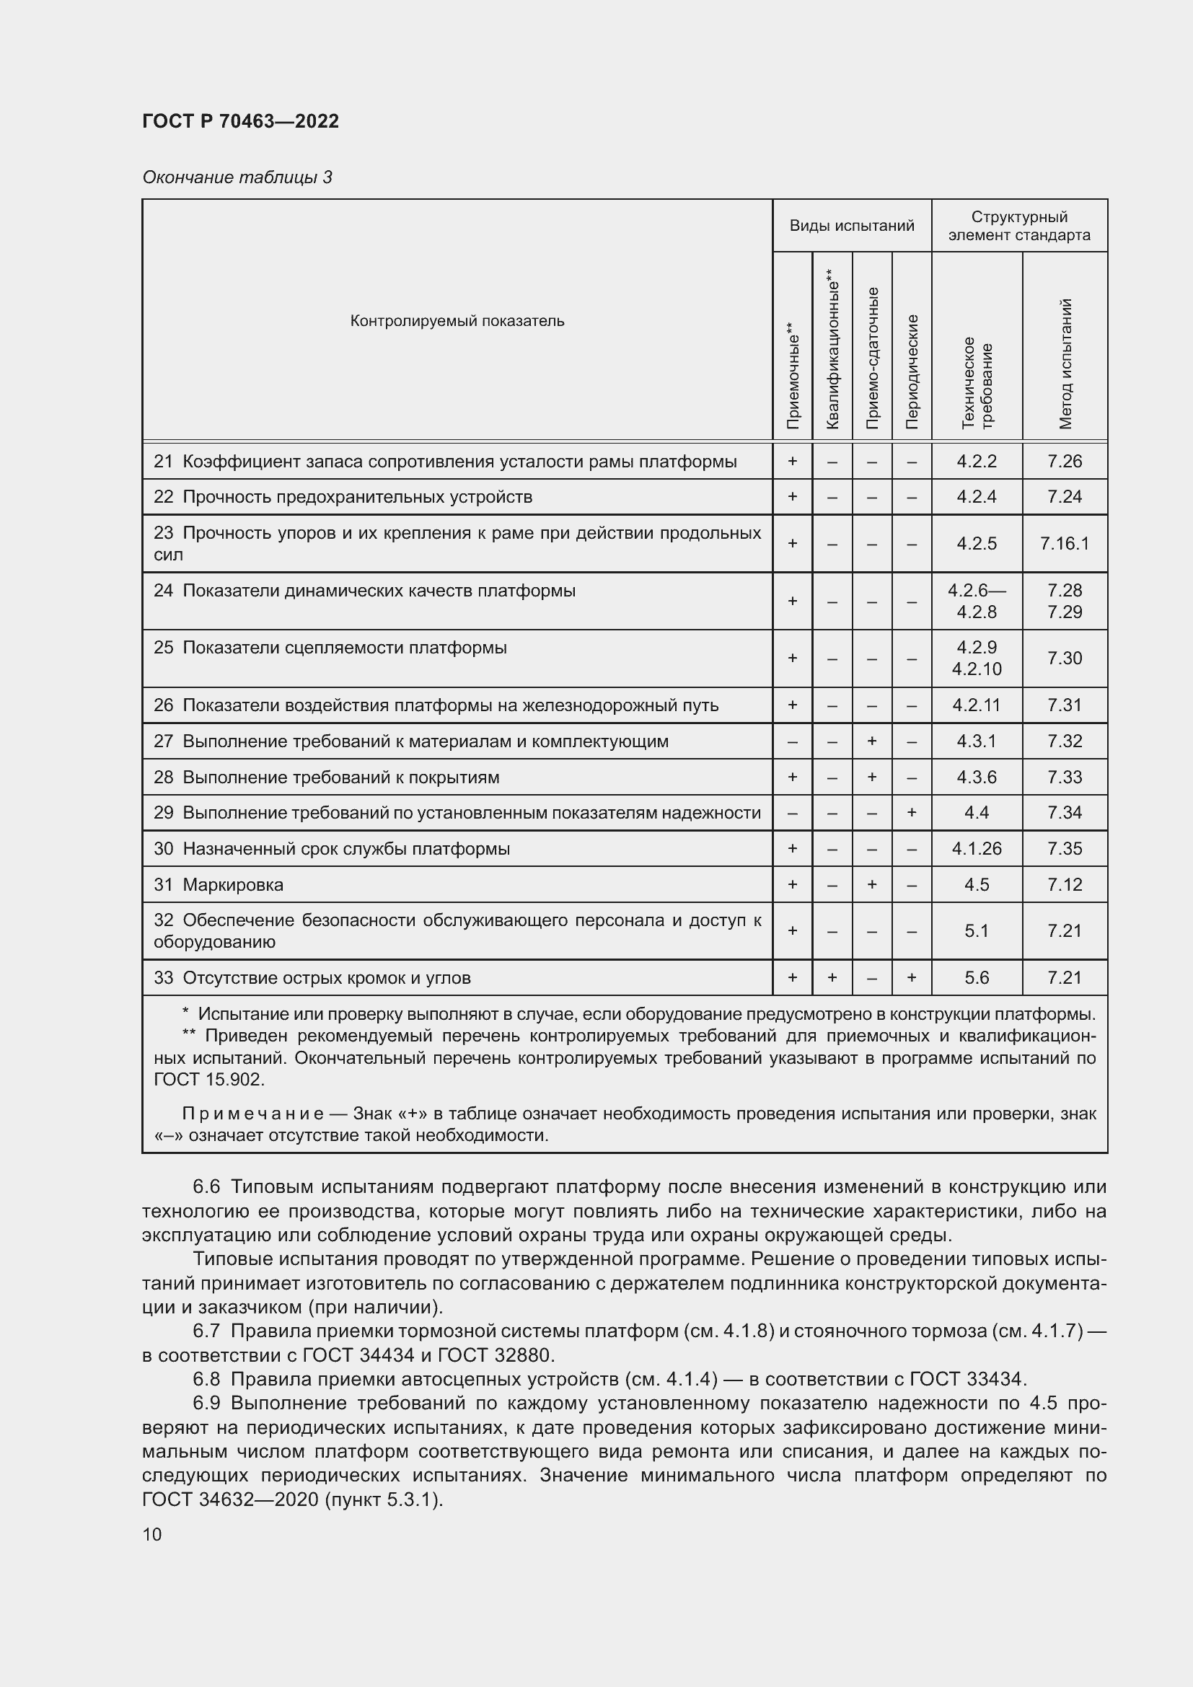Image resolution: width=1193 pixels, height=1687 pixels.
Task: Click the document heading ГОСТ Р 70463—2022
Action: coord(240,121)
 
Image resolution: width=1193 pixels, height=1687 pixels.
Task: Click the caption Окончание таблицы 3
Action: coord(237,177)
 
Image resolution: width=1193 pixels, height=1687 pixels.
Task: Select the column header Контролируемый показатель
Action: coord(457,321)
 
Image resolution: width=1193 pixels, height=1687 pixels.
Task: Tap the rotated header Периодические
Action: coord(912,371)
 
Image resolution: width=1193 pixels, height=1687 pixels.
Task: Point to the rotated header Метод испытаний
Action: coord(1065,363)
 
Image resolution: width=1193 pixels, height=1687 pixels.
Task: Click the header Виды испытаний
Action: coord(851,226)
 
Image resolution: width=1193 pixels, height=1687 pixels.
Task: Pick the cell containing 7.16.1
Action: coord(1065,544)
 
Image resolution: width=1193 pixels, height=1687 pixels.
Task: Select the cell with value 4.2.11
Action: coord(977,705)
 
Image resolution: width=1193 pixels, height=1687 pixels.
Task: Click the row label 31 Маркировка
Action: coord(219,885)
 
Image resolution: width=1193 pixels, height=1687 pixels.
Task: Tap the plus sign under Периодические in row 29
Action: coord(912,813)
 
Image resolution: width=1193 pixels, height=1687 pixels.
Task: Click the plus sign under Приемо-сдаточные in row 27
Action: coord(872,741)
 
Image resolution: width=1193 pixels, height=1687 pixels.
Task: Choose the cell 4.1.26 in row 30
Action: coord(977,849)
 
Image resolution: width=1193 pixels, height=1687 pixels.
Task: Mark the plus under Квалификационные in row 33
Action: coord(832,978)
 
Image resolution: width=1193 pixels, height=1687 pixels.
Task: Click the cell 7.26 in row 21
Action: coord(1065,462)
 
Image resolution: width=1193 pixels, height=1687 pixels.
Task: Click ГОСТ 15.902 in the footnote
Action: coord(208,1080)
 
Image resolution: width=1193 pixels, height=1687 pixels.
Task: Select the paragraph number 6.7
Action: coord(206,1331)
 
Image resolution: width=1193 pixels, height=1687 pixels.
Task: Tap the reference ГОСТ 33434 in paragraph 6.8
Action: coord(967,1378)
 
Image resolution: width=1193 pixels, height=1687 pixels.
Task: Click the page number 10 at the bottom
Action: coord(152,1534)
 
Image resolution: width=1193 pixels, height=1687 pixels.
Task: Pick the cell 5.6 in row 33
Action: coord(977,978)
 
